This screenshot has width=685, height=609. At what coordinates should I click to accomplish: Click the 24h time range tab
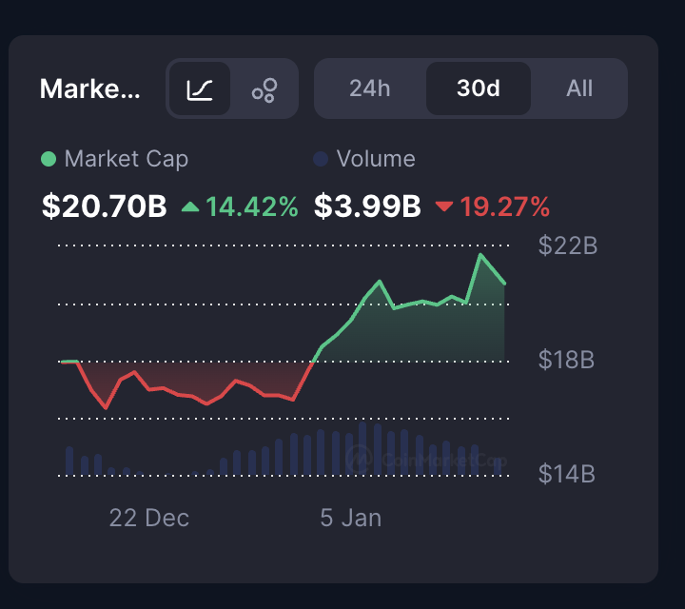370,88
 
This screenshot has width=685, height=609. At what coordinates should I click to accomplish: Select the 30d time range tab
479,88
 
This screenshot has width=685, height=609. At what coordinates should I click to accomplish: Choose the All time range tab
579,88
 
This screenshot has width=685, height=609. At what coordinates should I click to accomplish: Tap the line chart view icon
200,89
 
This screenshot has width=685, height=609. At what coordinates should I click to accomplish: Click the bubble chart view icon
264,89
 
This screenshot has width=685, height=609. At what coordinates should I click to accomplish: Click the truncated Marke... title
90,89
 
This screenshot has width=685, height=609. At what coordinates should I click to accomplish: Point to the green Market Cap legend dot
49,159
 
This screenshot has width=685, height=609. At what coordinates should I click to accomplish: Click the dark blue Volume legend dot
321,159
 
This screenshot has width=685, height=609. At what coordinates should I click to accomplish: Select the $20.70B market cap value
105,206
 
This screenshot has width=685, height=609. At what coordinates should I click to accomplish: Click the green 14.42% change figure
252,206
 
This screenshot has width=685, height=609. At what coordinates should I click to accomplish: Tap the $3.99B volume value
367,206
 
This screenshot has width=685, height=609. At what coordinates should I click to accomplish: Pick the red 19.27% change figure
505,206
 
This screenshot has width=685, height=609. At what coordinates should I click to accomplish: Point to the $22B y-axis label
568,246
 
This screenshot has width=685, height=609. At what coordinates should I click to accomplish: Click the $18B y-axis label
567,361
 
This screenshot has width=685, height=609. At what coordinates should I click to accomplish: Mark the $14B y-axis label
567,474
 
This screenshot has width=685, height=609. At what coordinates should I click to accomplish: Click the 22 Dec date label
149,518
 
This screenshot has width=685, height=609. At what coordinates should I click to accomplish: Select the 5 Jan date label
350,518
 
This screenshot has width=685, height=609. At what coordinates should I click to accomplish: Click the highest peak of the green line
481,255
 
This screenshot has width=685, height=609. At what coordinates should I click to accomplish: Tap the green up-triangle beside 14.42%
190,206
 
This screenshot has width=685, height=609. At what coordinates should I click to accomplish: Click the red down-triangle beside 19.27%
443,206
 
